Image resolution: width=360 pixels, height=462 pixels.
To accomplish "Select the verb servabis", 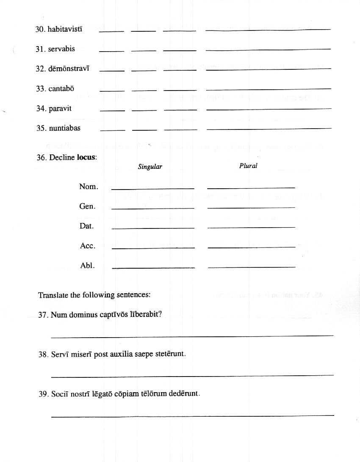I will click(61, 49).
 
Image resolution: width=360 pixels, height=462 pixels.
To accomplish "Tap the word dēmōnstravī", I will click(69, 69).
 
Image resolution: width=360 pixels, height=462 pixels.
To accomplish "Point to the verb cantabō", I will click(61, 89).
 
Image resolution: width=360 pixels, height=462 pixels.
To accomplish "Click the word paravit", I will click(60, 108).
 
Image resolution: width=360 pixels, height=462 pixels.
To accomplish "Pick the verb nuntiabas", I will click(64, 128).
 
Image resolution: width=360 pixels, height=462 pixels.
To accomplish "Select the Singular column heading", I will click(150, 167).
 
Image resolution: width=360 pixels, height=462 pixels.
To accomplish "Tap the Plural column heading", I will click(248, 166).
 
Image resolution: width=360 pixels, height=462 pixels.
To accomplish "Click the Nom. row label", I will click(89, 187).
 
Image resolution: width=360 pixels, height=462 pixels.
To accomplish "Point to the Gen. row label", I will click(87, 206).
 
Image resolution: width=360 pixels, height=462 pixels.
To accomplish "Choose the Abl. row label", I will click(87, 266).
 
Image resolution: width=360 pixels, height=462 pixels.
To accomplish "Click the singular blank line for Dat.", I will click(152, 228).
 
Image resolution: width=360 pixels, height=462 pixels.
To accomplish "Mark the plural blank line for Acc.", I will click(252, 247).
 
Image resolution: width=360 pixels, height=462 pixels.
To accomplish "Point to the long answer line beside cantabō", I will click(268, 89).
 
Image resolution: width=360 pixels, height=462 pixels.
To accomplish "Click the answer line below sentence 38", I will click(192, 375).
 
